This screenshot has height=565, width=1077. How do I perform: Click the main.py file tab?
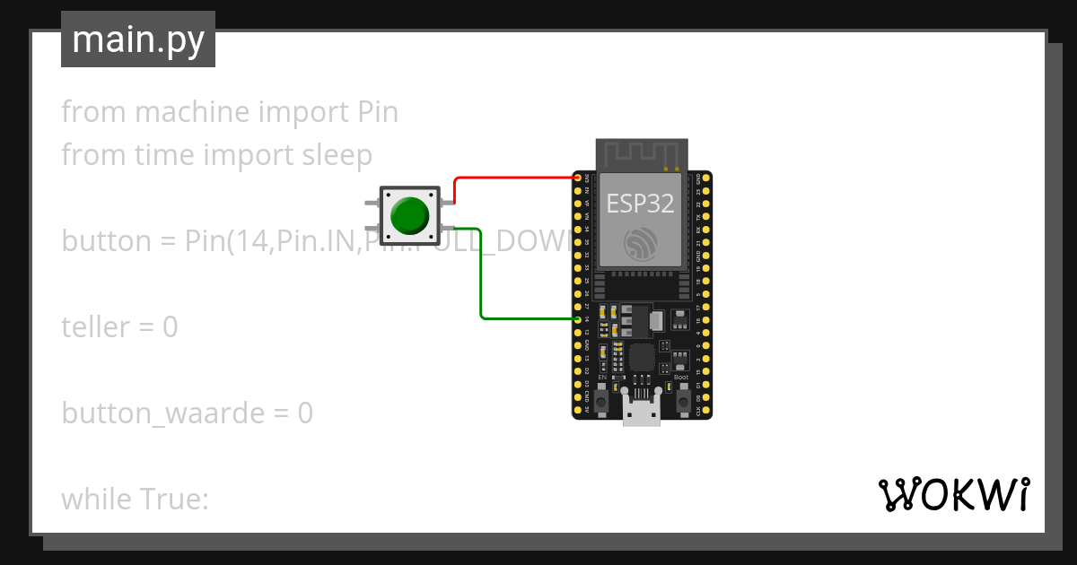coord(138,39)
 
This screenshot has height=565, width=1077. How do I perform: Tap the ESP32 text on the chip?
coord(640,203)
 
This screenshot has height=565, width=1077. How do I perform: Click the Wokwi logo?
coord(953,494)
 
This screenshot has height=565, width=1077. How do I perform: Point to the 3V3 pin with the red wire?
coord(577,178)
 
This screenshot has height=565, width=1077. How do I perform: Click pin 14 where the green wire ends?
coord(577,318)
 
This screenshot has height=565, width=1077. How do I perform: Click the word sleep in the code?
coord(333,155)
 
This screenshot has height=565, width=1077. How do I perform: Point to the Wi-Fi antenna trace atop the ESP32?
coord(642,153)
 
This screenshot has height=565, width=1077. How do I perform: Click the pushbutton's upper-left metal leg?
coord(371,204)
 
